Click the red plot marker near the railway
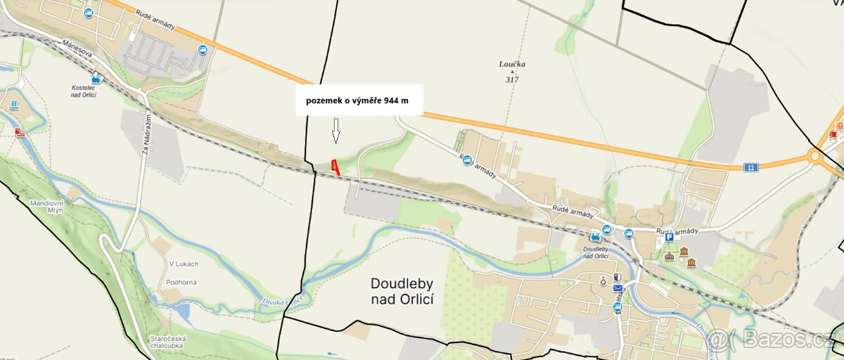(335, 167)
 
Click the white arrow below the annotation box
(336, 131)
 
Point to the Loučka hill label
(512, 64)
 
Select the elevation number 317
(512, 79)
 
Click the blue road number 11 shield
(752, 167)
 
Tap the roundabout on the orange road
(816, 155)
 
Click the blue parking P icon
(669, 238)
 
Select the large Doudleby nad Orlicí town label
(402, 291)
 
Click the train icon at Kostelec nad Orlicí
(96, 79)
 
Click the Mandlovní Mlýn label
(46, 206)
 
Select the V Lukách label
(183, 264)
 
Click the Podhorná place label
(182, 282)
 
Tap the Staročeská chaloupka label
(167, 342)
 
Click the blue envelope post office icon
(618, 288)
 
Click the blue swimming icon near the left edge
(15, 105)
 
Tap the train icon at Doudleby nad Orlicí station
(596, 236)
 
